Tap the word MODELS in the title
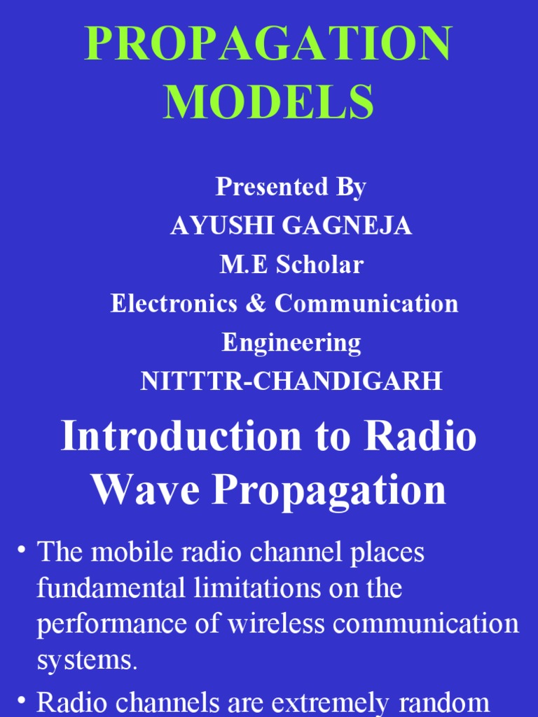coord(268,102)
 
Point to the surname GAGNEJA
coord(348,226)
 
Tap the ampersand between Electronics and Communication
coord(261,304)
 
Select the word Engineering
coord(291,343)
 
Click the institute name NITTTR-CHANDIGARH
coord(291,382)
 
